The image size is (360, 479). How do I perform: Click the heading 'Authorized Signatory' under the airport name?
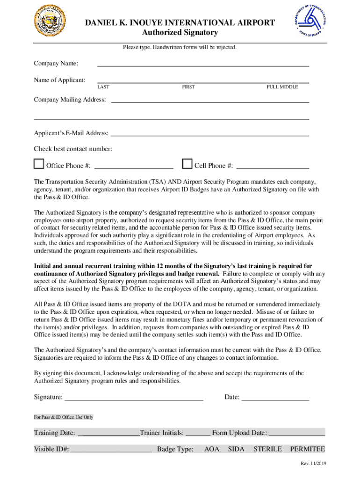[180, 33]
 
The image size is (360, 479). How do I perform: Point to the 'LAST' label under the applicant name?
[103, 87]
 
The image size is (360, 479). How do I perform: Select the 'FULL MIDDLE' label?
[282, 87]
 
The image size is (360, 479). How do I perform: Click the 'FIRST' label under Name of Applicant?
[188, 87]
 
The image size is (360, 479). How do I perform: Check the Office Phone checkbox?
[39, 164]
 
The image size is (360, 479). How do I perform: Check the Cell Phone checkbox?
[187, 164]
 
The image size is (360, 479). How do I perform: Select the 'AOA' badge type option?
[212, 450]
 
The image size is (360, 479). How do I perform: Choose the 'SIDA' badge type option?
[236, 450]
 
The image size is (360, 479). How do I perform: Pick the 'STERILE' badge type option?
[267, 450]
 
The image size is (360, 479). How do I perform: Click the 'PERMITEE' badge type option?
[307, 450]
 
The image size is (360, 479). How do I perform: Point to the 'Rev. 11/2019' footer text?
[313, 463]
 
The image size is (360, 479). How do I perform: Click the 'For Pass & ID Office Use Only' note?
[64, 417]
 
